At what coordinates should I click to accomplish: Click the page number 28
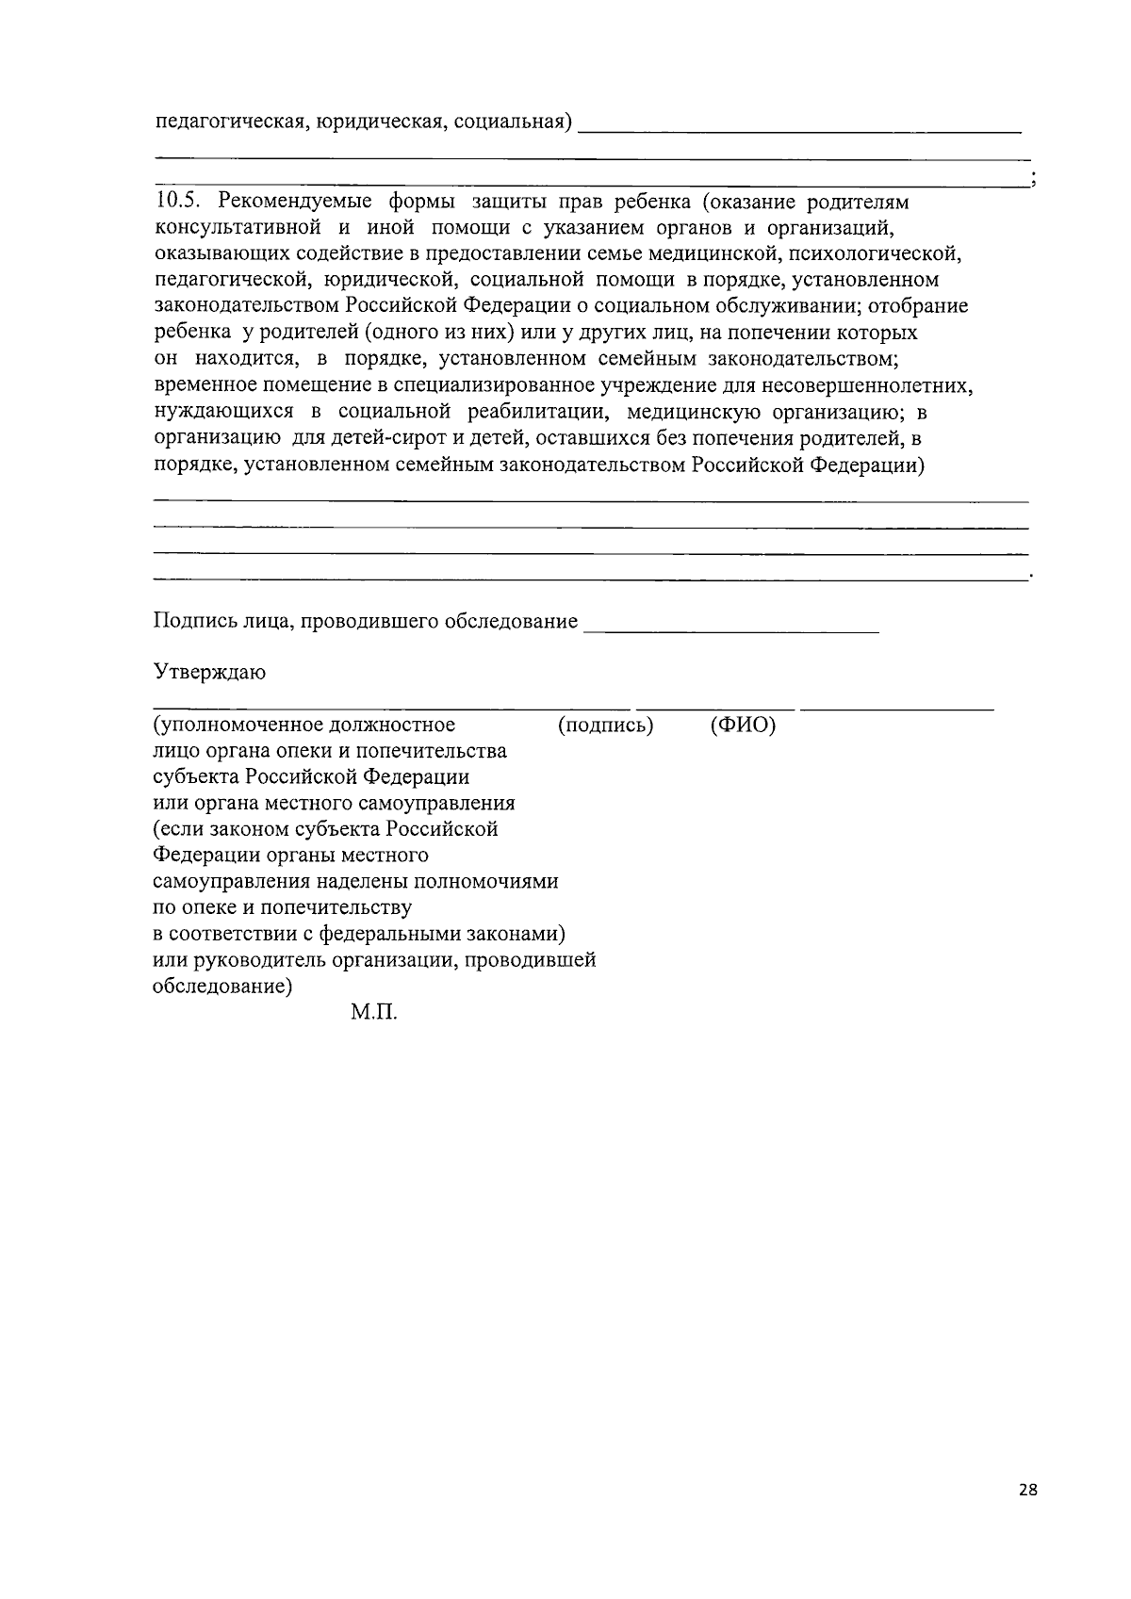click(1027, 1490)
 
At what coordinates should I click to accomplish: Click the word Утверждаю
click(209, 673)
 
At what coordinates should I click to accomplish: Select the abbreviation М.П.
click(374, 1014)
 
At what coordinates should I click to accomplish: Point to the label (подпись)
click(605, 725)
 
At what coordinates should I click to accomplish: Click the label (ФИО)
click(743, 725)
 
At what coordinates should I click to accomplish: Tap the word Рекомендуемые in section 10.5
click(289, 202)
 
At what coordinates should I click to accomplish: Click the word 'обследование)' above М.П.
click(222, 987)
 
